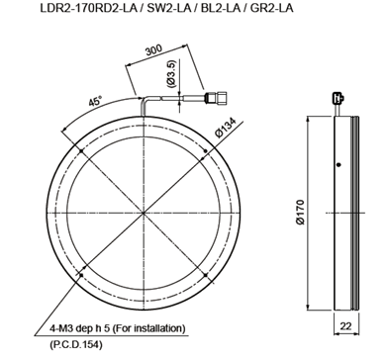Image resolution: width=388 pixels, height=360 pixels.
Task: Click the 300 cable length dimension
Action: pos(153,50)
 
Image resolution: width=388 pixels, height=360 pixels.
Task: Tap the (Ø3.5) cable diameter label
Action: pos(172,74)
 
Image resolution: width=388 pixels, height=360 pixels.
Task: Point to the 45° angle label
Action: pos(95,101)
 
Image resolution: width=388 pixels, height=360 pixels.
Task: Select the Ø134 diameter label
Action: pos(227,128)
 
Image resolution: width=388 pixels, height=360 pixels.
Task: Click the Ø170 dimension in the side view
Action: pos(300,212)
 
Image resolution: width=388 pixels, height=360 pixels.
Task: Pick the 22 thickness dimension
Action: pos(345,326)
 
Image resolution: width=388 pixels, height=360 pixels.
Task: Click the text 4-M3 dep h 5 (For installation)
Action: pos(118,328)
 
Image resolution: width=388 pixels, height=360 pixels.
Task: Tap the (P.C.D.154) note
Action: pos(76,345)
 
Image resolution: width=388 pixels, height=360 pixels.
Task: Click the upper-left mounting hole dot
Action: pos(81,151)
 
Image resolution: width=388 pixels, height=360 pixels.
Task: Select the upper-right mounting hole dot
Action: pos(206,151)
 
